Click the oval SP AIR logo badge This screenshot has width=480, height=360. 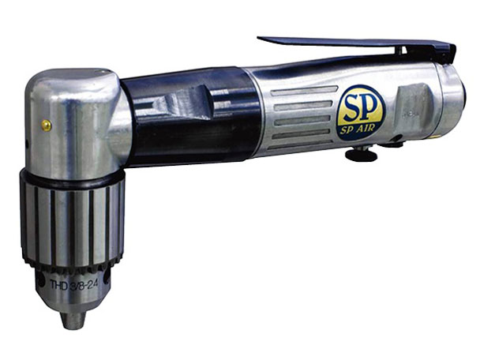point(361,113)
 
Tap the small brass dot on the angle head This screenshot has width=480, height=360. point(46,124)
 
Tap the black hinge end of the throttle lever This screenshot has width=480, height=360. point(447,55)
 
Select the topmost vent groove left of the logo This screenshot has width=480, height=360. point(296,90)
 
